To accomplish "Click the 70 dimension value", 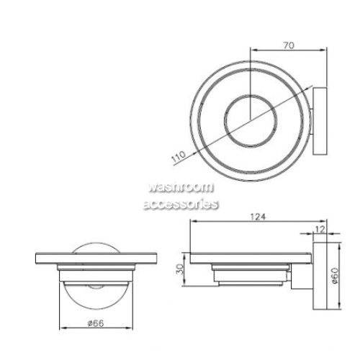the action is tap(289, 45).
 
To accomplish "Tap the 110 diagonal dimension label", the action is tap(179, 156).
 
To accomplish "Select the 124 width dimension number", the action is tap(258, 217).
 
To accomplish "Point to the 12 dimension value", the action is tap(320, 229).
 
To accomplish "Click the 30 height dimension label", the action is tap(180, 269).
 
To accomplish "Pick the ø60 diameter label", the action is tap(335, 276).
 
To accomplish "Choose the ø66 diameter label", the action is tap(96, 323).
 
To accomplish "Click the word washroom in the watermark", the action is tap(181, 187).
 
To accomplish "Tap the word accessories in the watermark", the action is tap(181, 204).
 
